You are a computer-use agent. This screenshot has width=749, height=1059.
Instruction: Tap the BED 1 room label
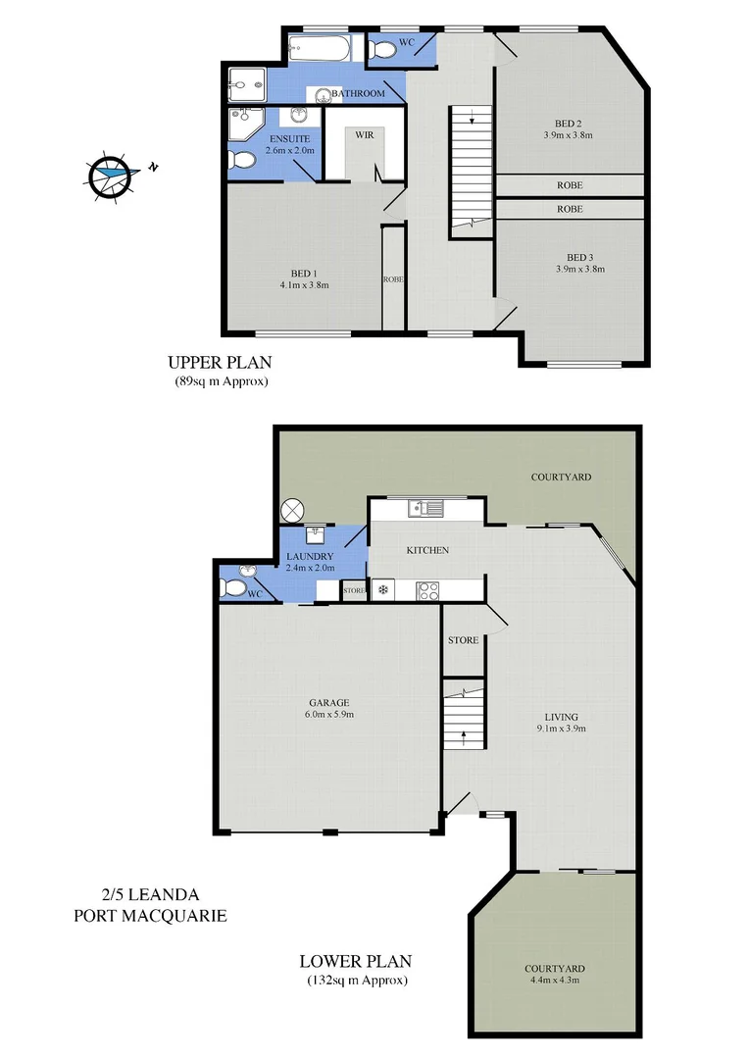tap(302, 273)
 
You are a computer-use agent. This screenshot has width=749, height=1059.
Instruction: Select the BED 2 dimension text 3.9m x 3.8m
tap(568, 135)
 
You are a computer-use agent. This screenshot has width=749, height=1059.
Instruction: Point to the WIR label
tap(364, 133)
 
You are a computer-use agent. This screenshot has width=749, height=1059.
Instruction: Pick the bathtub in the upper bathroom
tap(325, 46)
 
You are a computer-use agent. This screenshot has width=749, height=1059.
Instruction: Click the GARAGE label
tap(328, 702)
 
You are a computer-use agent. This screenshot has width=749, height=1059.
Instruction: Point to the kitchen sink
tap(426, 508)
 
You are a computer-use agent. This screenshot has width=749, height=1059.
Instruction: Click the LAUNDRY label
tap(310, 556)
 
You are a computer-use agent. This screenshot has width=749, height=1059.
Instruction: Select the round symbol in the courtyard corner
tap(293, 510)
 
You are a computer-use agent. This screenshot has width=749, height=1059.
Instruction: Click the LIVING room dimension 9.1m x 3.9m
tap(562, 729)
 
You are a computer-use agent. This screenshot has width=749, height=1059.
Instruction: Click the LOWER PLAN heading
tap(356, 961)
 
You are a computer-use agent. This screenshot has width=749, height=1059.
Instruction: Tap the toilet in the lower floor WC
tap(232, 587)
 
